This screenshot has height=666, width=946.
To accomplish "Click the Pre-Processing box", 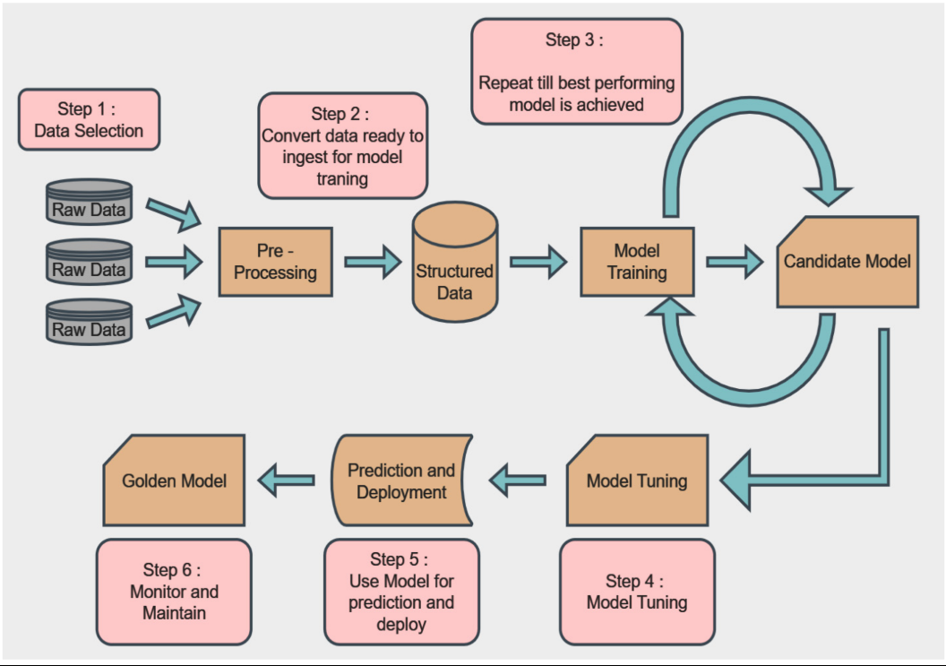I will [x=275, y=262].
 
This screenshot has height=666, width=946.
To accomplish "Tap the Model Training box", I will [x=637, y=261].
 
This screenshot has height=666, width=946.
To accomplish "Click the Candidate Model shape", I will [x=847, y=262].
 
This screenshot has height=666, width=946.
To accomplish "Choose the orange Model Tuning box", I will [x=637, y=480].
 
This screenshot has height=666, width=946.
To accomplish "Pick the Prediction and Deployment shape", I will [x=401, y=480].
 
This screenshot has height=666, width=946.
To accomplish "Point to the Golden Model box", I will [x=174, y=480].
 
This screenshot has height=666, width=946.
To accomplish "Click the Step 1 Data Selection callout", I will [x=89, y=119].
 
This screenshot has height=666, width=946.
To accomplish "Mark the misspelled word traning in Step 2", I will [x=342, y=178].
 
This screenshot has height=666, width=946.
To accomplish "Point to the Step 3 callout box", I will [x=576, y=72].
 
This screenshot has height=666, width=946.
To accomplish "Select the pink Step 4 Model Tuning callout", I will [x=637, y=592].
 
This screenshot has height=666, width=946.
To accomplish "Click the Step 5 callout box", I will [x=401, y=592].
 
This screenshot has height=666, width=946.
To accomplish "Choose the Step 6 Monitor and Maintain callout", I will [x=174, y=592].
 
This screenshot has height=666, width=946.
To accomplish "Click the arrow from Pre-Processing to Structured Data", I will [x=373, y=262].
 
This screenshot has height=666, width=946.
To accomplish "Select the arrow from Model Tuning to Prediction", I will [x=519, y=480].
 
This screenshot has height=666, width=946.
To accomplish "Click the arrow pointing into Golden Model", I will [x=288, y=480].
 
